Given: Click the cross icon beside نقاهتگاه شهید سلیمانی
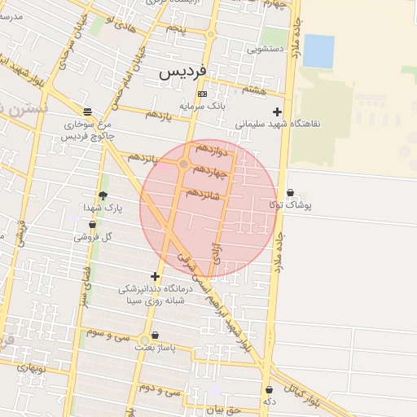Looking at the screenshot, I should pos(278,112).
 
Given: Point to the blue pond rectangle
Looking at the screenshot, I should pos(318,51).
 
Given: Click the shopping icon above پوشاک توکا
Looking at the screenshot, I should pos(291,193).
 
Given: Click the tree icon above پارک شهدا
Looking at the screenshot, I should pos(103,195).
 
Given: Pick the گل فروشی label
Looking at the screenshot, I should pos(92,237).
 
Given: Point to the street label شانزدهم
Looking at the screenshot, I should pos(203,194).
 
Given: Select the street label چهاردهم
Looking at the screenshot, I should pos(212,170).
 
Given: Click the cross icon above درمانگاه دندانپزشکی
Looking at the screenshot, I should pos(155,277).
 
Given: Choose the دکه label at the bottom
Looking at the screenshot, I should pos(269,402).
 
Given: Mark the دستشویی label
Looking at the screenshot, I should pos(266,49).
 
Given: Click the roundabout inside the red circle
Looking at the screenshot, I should pos(185,165).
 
